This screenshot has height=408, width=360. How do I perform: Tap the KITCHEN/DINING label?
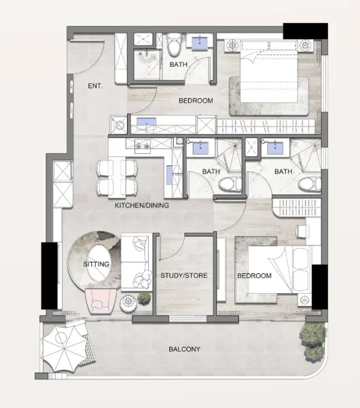(x=141, y=205)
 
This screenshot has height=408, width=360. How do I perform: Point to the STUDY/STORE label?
(x=184, y=276)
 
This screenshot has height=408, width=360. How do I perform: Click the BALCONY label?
(x=185, y=350)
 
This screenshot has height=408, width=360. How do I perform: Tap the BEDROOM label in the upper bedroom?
(x=196, y=101)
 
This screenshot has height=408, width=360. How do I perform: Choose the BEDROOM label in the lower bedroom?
(x=255, y=276)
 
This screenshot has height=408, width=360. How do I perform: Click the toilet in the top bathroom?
(x=174, y=46)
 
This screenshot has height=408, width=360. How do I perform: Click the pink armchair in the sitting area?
(x=101, y=300)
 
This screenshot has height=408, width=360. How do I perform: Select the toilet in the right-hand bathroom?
(x=312, y=183)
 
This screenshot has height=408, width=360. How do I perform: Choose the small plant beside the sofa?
(x=144, y=299)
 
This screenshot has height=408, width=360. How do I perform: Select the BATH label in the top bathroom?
(x=179, y=65)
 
